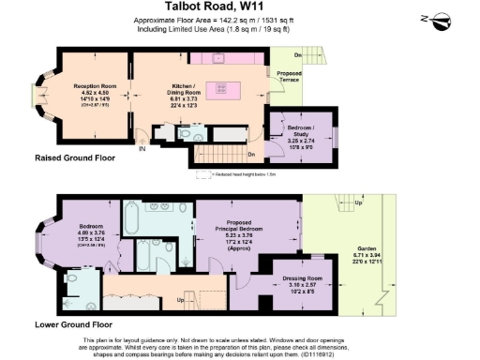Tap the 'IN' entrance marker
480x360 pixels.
142,148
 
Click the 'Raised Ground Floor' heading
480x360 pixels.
74,158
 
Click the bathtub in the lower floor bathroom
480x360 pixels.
132,222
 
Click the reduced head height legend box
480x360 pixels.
203,174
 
